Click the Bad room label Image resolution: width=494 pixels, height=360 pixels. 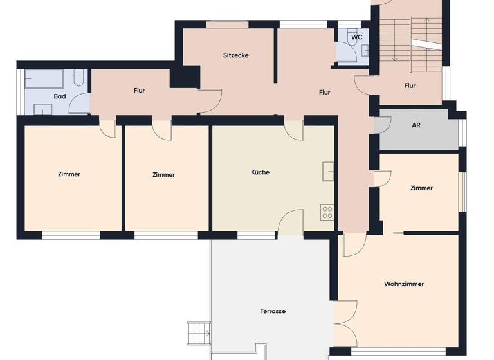coord(60,96)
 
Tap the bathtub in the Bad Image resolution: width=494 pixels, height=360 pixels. coord(43,80)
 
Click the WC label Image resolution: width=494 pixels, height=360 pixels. coord(356,37)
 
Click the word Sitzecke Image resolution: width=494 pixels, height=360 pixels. coord(235,55)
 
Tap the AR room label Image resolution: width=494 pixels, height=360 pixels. coord(416,125)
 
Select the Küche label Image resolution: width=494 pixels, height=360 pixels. coord(261,172)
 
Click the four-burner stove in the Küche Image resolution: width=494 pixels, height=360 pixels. coord(327,212)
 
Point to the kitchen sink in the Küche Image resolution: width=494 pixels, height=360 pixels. coord(328,170)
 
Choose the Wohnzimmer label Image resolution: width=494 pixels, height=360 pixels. coord(404,283)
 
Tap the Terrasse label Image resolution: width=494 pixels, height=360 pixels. coord(273,311)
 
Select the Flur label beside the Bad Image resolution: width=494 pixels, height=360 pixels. coord(139,91)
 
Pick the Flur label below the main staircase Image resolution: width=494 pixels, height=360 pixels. coord(410,85)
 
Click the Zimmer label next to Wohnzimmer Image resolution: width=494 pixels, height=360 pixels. coord(421,188)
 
